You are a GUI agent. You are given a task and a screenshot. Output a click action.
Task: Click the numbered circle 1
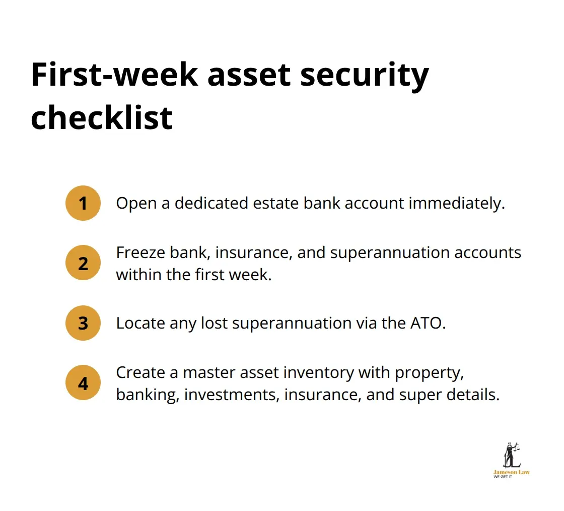[x=83, y=203]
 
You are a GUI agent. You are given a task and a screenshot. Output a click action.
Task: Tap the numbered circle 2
[x=83, y=263]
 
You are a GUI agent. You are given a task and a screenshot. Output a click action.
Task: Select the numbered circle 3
[x=83, y=323]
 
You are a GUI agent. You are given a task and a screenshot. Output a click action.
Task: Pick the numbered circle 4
[x=83, y=383]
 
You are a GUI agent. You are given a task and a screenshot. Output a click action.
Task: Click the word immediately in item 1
[x=456, y=203]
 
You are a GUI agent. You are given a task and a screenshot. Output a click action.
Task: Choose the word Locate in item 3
[x=140, y=323]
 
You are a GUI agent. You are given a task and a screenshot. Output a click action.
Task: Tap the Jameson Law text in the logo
[x=511, y=472]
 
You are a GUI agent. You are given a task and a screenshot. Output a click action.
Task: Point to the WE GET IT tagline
[x=503, y=477]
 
